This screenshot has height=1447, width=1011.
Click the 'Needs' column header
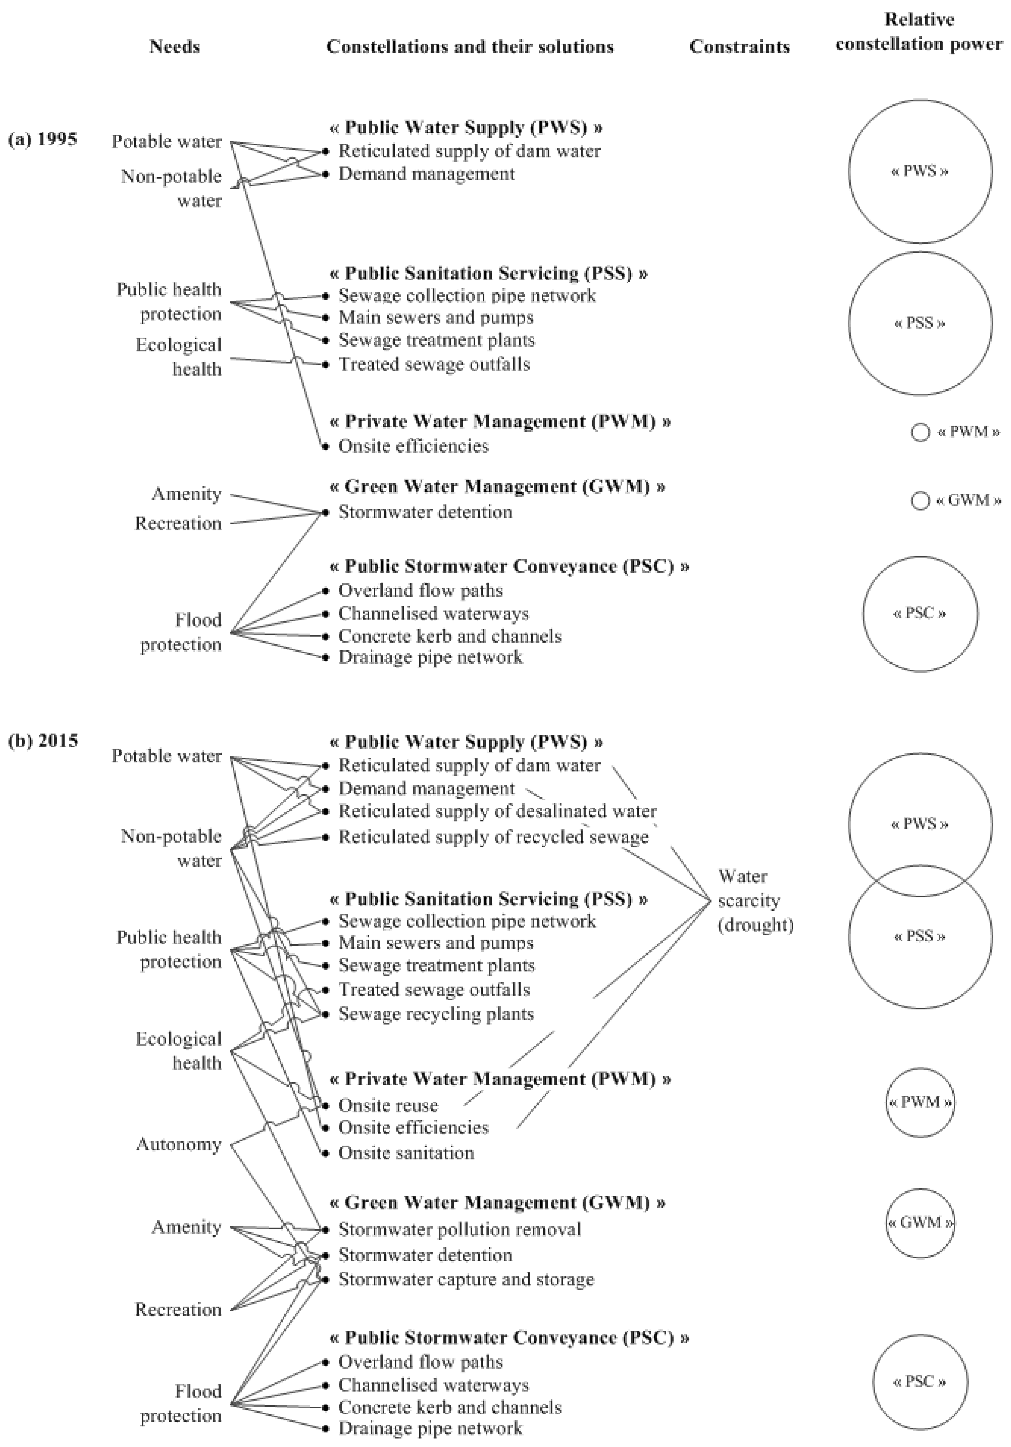click(174, 47)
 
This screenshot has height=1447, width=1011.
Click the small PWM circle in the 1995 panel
click(920, 432)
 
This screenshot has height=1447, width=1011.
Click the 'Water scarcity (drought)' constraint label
click(755, 901)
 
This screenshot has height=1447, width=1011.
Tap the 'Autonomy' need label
click(179, 1144)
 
